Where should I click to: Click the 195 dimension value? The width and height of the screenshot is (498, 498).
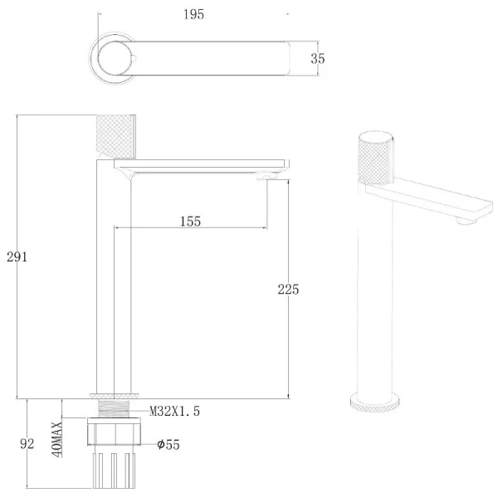pos(193,15)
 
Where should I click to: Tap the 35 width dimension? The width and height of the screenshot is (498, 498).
pos(318,59)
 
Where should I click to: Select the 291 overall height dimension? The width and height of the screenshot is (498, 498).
pos(17,256)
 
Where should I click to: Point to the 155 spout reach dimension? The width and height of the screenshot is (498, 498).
pos(191,222)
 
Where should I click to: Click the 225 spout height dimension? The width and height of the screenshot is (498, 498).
pos(288,290)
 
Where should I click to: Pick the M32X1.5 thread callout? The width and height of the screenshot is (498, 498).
pos(174,411)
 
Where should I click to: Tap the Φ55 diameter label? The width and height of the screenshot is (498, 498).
pos(168,444)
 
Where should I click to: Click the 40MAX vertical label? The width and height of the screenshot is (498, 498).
pos(57,440)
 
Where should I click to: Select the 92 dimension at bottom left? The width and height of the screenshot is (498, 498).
pos(27,444)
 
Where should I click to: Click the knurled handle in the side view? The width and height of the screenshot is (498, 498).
pos(116,137)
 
